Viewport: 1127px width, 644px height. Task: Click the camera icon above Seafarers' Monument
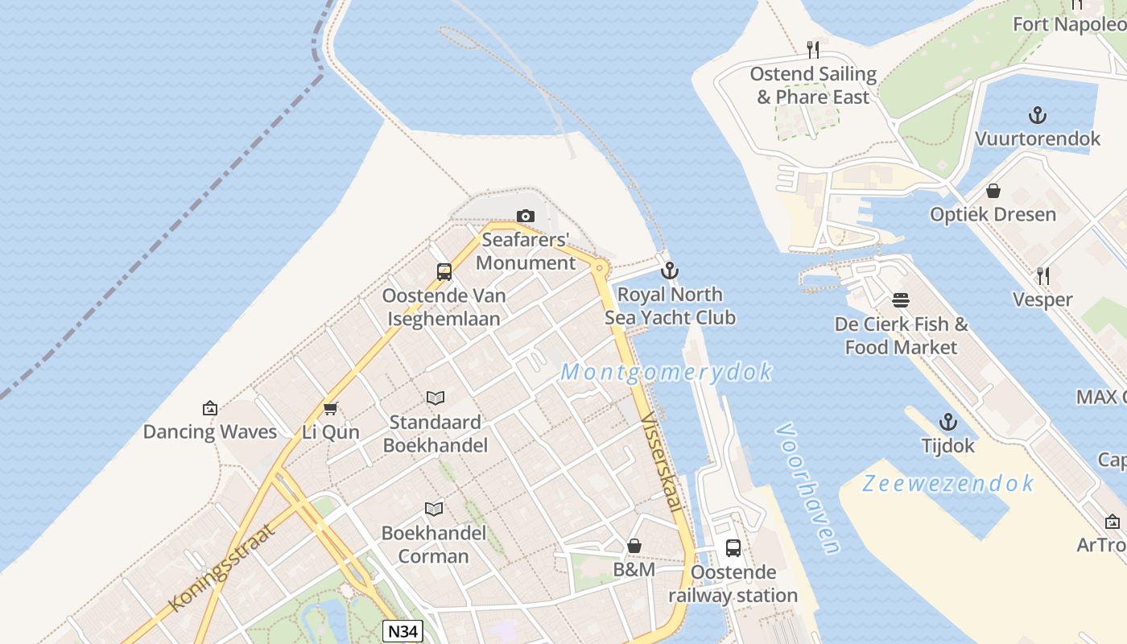526,216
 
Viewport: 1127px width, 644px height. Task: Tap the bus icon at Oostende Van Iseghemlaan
444,272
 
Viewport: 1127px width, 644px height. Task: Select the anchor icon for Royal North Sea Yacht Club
670,270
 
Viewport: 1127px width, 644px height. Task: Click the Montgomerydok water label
667,372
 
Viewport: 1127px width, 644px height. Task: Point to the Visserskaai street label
662,462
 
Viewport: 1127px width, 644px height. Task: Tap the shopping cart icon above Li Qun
330,408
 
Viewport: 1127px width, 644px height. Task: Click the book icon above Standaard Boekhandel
436,398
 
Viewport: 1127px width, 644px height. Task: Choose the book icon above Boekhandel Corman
434,509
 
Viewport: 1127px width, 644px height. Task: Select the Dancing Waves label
210,431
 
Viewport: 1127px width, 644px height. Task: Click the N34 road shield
402,631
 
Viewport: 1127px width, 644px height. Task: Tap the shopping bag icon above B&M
634,546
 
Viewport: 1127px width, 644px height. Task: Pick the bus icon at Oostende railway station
733,548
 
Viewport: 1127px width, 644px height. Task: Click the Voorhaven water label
808,489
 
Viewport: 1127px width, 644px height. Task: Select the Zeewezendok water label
948,483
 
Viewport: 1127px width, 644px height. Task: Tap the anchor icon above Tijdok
948,422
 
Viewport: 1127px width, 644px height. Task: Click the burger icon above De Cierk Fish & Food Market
901,300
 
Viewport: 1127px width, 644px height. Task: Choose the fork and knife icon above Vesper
1043,276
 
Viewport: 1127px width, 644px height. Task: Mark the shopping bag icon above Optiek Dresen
993,191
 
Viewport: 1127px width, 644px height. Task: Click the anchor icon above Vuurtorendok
1038,115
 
